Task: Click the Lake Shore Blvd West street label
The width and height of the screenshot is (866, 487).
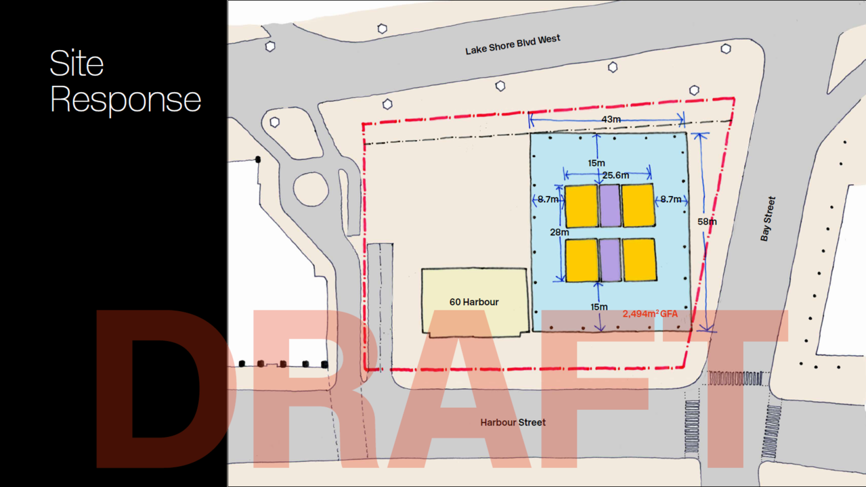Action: tap(513, 45)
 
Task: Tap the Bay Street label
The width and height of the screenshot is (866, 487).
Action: tap(768, 219)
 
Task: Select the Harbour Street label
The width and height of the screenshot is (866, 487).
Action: tap(513, 423)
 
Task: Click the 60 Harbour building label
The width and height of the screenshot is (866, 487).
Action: tap(474, 302)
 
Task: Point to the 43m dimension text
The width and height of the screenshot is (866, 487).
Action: tap(611, 119)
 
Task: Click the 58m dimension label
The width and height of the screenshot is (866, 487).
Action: tap(707, 222)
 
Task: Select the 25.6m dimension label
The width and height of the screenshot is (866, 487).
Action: tap(615, 175)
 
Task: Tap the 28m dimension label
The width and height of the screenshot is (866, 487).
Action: tap(559, 232)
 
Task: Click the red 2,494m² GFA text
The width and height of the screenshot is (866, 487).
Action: tap(650, 314)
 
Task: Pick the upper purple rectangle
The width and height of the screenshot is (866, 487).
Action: tap(610, 206)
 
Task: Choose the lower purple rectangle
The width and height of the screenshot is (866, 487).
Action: tap(611, 260)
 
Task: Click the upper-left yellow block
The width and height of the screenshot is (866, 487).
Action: tap(582, 206)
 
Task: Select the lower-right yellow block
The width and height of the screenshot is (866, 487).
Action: tap(640, 260)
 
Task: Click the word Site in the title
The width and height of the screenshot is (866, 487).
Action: tap(77, 63)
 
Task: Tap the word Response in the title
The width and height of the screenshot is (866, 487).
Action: tap(125, 99)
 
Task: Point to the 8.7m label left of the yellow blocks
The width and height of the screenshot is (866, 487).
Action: tap(548, 200)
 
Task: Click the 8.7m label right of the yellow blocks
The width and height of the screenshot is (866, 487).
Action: tap(671, 200)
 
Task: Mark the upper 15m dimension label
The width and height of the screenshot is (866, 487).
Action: tap(596, 164)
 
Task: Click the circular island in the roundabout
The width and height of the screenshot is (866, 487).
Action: tap(311, 189)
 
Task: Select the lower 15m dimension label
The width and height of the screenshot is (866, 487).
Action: tap(599, 307)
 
